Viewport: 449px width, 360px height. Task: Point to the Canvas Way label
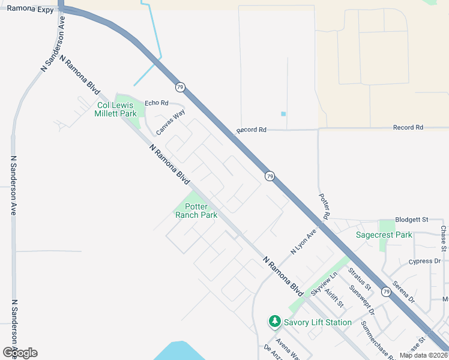click(x=170, y=122)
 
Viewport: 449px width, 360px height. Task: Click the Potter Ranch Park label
click(x=196, y=211)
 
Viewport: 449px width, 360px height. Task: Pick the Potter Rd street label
click(x=324, y=206)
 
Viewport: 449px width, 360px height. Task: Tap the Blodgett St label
click(x=411, y=220)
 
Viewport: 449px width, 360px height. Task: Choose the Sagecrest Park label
click(x=384, y=235)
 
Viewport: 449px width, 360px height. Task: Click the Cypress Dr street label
click(x=424, y=262)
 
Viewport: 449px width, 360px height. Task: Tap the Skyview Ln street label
click(x=325, y=282)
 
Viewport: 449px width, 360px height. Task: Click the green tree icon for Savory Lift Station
click(x=275, y=322)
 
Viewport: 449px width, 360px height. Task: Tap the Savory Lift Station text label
click(x=318, y=322)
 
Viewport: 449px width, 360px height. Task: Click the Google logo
click(x=20, y=353)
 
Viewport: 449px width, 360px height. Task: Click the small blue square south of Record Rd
click(x=283, y=114)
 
